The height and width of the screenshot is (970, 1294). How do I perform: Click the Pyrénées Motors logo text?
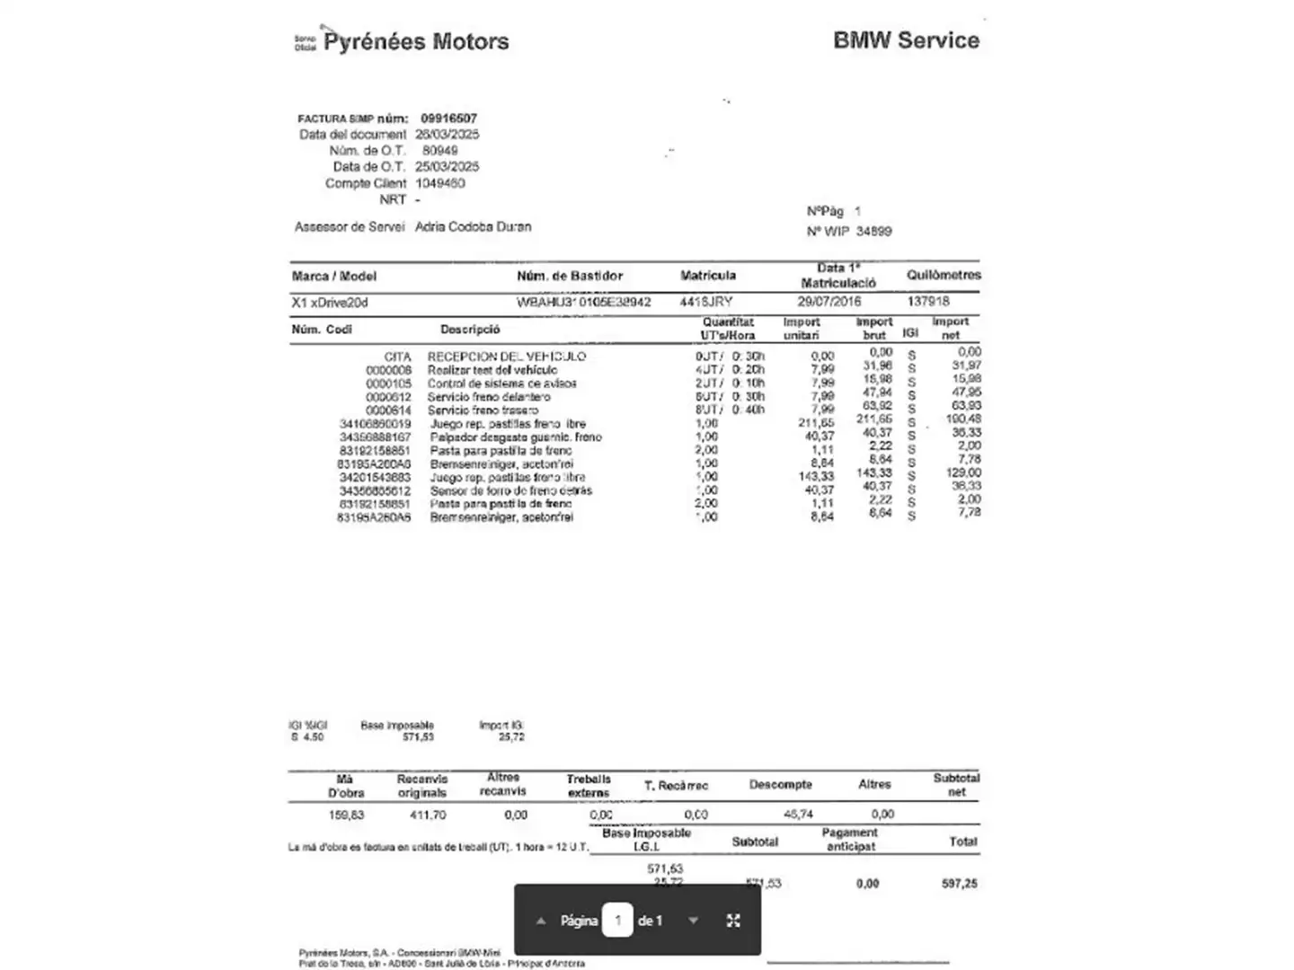click(x=415, y=41)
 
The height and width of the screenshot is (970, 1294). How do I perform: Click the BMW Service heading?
click(x=906, y=40)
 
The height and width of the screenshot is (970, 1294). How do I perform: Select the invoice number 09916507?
click(x=448, y=118)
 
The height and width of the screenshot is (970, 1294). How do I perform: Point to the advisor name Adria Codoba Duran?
click(x=473, y=227)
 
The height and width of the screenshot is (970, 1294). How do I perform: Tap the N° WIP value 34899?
click(x=873, y=232)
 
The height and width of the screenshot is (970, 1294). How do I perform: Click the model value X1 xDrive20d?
click(x=330, y=303)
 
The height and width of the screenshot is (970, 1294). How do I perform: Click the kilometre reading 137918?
click(x=927, y=302)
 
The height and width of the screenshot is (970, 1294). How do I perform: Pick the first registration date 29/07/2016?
click(x=829, y=302)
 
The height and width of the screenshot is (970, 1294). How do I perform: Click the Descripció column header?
click(x=470, y=330)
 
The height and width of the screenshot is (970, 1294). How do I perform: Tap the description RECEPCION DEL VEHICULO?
click(x=506, y=357)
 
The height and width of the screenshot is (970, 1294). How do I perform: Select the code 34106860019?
click(x=375, y=424)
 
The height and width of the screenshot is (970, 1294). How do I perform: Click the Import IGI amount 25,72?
click(x=511, y=737)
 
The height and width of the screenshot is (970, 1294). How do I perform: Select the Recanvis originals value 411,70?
click(x=428, y=816)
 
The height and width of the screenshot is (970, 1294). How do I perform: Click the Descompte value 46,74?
click(x=798, y=815)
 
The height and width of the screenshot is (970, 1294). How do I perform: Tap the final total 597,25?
click(x=959, y=884)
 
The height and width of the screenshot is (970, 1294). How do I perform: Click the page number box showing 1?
click(x=617, y=921)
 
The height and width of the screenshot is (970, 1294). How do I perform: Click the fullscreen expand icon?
click(x=733, y=921)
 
